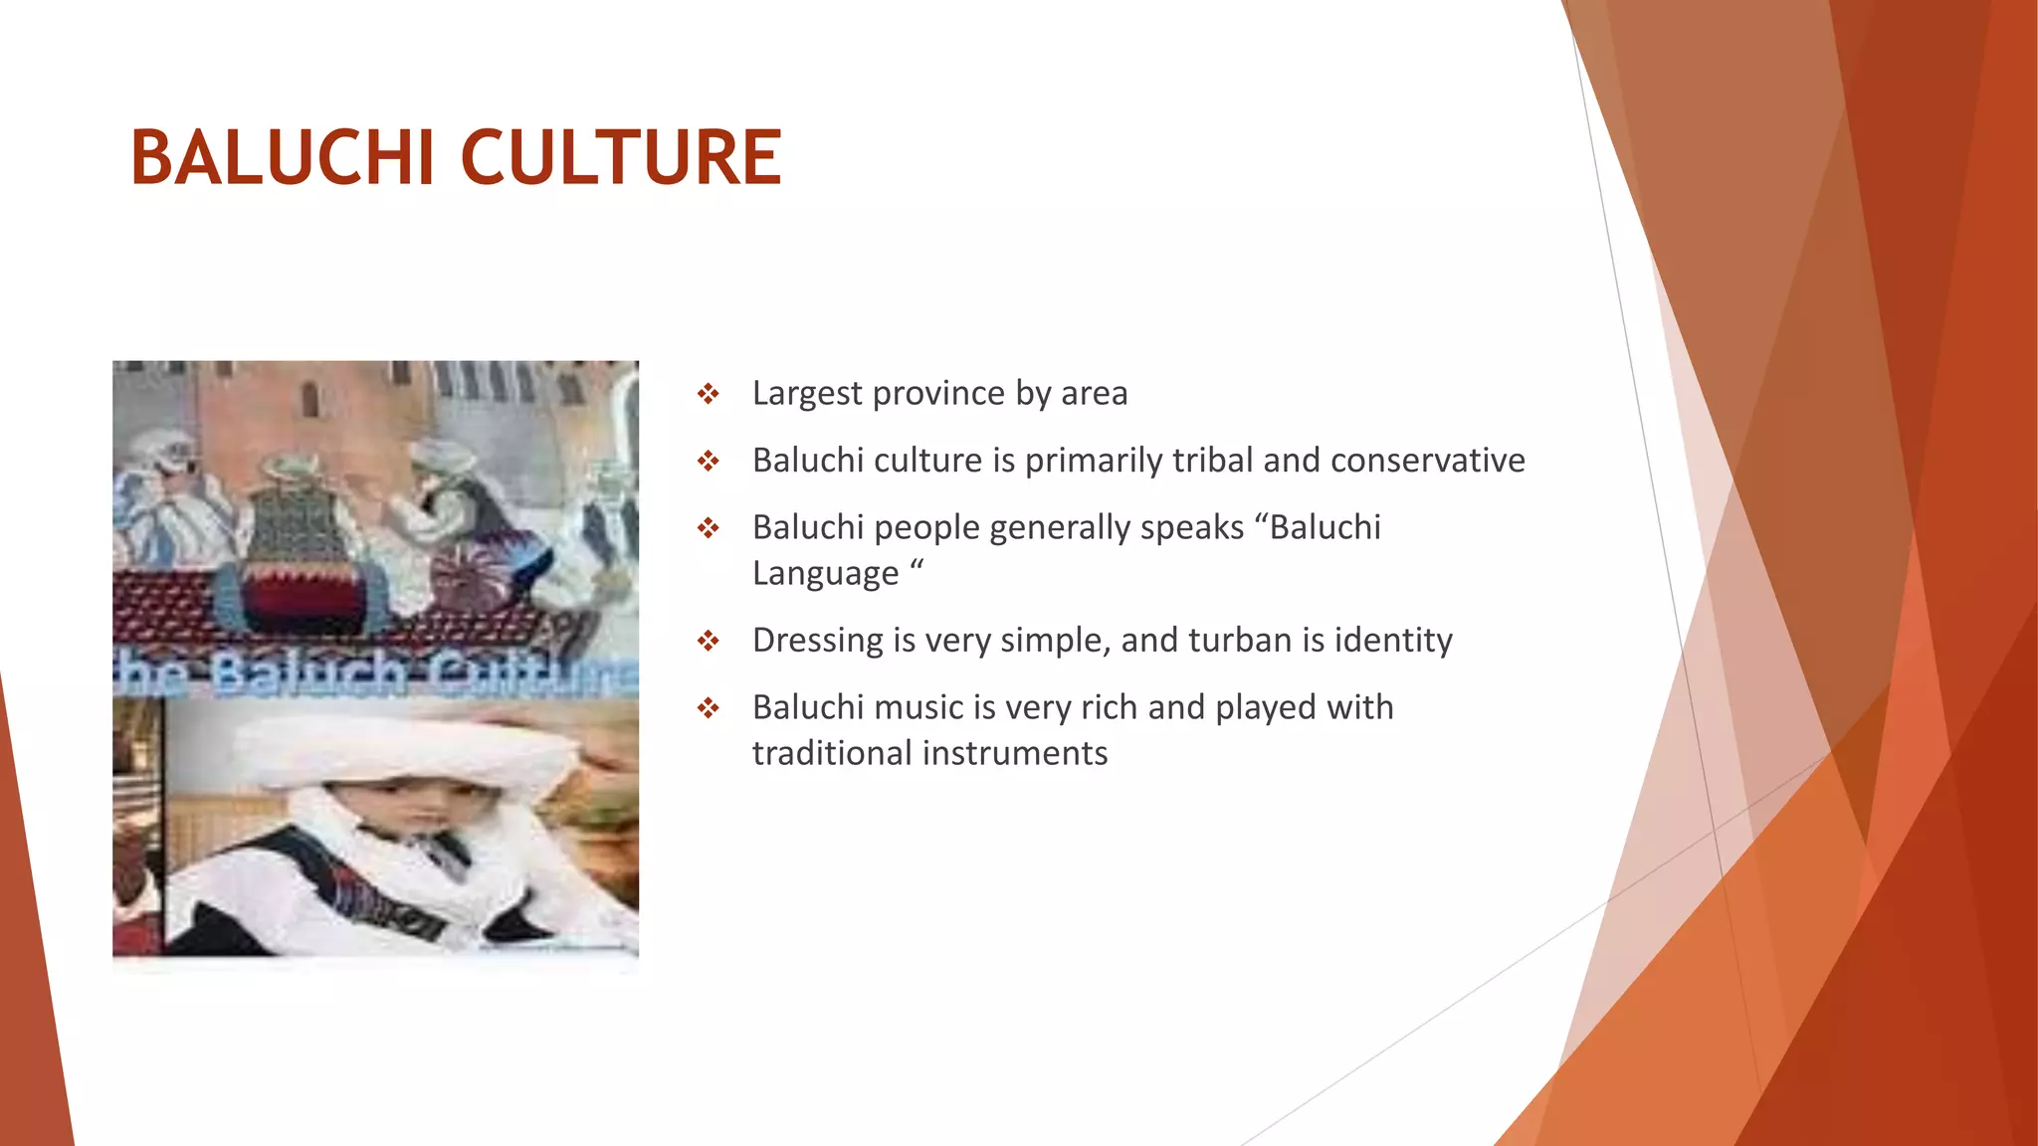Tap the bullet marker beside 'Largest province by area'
pyautogui.click(x=708, y=395)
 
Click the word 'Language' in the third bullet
pyautogui.click(x=825, y=574)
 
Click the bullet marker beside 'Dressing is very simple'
pyautogui.click(x=708, y=642)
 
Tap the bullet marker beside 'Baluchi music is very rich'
pyautogui.click(x=708, y=708)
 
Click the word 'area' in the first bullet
pyautogui.click(x=1094, y=394)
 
